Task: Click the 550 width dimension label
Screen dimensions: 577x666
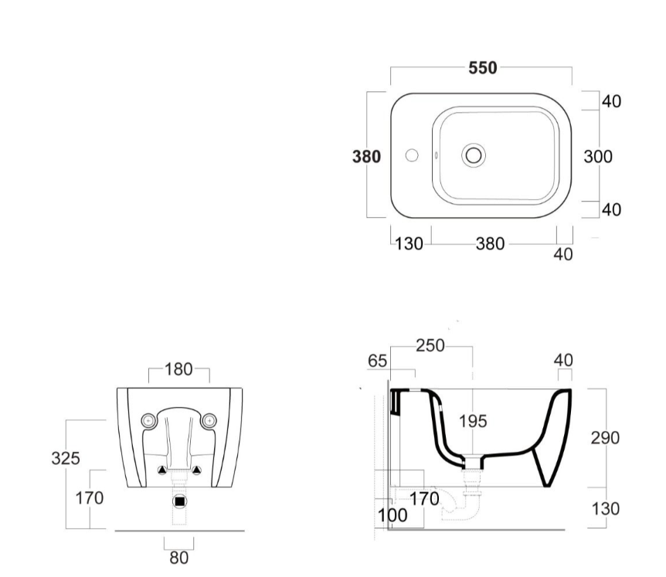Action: click(483, 67)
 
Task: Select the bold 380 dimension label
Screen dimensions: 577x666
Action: click(366, 157)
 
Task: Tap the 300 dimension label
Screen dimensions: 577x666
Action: click(597, 156)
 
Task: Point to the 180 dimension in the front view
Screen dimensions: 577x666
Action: click(179, 369)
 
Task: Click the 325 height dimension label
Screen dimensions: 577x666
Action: click(66, 459)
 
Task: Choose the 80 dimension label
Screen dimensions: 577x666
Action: click(179, 556)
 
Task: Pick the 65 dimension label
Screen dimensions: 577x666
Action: click(378, 360)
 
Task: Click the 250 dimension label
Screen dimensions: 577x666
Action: click(430, 346)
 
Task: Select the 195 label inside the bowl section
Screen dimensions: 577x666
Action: click(472, 422)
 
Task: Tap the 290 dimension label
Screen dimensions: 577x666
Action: click(605, 438)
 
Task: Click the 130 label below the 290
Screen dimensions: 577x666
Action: click(605, 510)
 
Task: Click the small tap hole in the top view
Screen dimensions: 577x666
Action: click(412, 154)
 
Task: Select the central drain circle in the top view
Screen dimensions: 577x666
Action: click(474, 154)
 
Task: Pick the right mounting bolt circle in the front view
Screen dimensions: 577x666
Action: click(208, 421)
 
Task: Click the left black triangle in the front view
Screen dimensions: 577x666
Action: click(161, 470)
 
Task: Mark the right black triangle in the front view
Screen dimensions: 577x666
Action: click(196, 470)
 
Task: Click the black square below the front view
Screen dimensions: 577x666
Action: click(179, 501)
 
